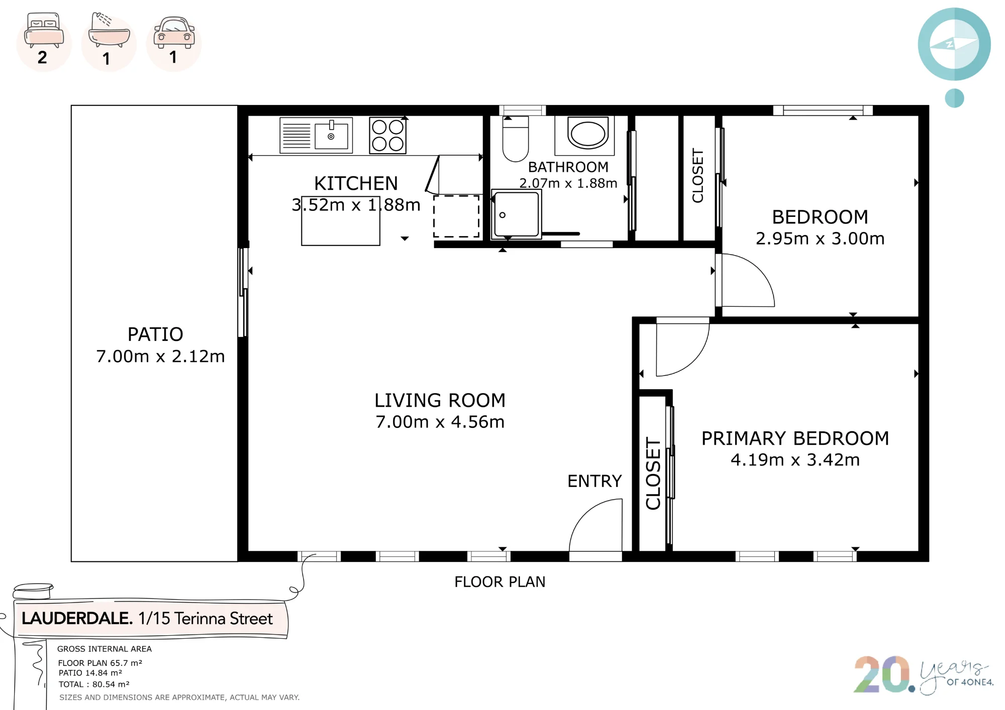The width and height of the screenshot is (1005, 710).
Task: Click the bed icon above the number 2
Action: (44, 30)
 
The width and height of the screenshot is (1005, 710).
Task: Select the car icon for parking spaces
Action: (174, 33)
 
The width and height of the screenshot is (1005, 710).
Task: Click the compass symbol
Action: (954, 44)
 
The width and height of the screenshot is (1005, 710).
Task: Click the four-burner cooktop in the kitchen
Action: (387, 135)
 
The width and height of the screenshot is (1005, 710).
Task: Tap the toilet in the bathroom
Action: (516, 139)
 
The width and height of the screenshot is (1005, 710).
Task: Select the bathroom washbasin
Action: (587, 133)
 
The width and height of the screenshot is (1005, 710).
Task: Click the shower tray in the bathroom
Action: (516, 214)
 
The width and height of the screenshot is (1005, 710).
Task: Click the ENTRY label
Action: (594, 481)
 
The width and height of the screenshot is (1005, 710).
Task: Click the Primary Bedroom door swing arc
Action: (694, 361)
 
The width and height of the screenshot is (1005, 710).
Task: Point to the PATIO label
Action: (155, 334)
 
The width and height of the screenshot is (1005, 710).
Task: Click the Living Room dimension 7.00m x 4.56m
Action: (440, 422)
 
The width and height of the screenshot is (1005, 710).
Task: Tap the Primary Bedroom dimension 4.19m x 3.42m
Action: (795, 459)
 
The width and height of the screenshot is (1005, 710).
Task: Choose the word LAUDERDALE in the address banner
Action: (77, 618)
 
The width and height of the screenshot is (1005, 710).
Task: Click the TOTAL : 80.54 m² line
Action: (94, 684)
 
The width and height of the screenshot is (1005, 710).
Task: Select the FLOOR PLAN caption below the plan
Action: (500, 582)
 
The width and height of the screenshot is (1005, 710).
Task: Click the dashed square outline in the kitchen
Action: (456, 216)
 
